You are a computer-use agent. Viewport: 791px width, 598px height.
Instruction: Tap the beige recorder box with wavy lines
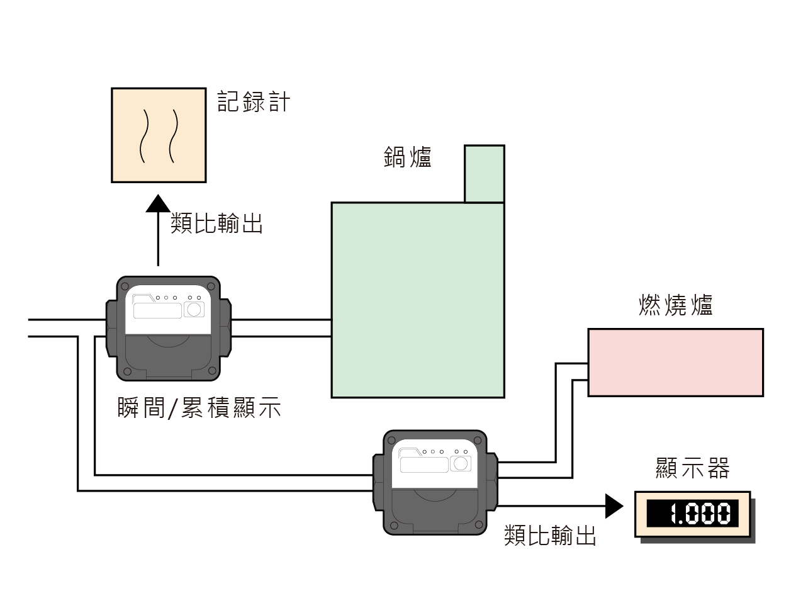point(159,135)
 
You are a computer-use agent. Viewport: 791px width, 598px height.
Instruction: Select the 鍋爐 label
point(408,157)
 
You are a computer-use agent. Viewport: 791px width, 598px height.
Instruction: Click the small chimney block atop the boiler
point(484,174)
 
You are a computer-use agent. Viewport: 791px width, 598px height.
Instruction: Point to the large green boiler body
point(417,300)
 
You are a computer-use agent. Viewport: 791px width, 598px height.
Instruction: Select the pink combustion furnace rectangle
point(675,362)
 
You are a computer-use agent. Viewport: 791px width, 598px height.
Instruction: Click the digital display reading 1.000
point(692,514)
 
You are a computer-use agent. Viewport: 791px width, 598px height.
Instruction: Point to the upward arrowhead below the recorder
point(158,204)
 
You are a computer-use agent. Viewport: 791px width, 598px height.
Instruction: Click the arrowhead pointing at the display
point(614,505)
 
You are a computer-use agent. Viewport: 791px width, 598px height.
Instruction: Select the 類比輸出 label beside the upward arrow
point(216,223)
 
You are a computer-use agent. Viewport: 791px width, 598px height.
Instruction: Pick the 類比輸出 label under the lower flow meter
point(550,536)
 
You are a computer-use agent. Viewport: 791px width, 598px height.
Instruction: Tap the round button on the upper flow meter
point(194,309)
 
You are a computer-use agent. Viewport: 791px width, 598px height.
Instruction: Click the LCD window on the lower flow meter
point(424,465)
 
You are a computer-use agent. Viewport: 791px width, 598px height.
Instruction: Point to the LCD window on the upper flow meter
point(157,310)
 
